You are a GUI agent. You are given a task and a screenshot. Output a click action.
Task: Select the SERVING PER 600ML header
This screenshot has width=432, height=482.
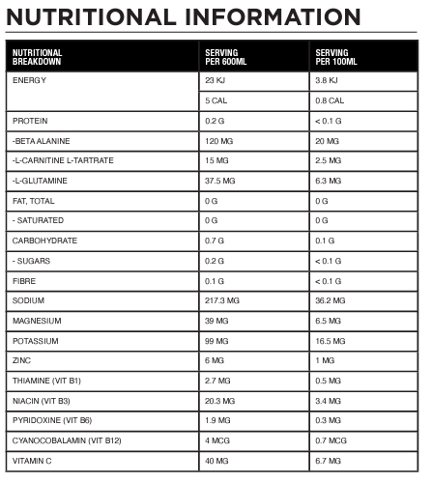[x=229, y=57]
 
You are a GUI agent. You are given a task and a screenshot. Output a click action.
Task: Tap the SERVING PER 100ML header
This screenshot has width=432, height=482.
[x=339, y=57]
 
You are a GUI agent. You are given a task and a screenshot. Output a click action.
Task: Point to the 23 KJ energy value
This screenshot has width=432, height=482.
[x=216, y=80]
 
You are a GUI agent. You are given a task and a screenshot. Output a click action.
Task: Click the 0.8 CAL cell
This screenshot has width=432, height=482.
[x=331, y=100]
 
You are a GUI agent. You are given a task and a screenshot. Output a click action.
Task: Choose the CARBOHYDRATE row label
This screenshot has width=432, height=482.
[x=44, y=241]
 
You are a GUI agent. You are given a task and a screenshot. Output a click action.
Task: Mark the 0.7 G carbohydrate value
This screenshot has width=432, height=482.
[x=215, y=241]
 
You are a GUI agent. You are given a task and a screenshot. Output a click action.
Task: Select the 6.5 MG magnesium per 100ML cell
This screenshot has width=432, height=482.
[x=331, y=321]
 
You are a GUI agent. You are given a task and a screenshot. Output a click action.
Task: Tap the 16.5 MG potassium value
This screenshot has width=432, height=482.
[x=333, y=341]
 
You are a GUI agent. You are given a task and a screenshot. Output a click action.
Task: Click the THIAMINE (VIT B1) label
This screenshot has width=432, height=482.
[x=49, y=381]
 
